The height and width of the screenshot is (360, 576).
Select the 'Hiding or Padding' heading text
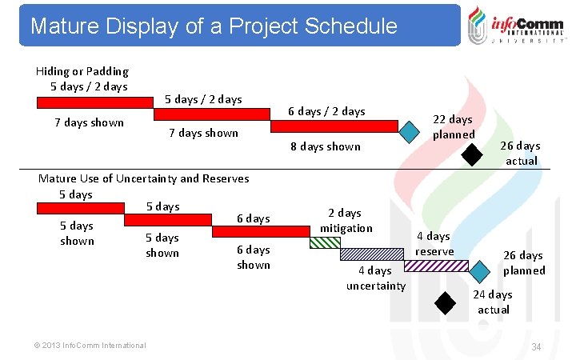(82, 71)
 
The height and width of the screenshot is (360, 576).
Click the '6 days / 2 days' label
(326, 111)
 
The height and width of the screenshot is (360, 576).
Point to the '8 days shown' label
(326, 146)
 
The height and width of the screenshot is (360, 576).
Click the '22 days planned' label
(454, 126)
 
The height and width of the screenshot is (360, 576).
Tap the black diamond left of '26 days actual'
(474, 153)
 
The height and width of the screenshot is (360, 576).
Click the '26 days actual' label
(520, 153)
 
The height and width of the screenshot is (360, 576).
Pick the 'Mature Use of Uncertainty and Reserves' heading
(143, 178)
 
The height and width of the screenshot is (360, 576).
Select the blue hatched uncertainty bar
(371, 254)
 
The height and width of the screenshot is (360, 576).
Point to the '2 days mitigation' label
(346, 220)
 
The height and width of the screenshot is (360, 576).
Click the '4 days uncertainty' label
(375, 278)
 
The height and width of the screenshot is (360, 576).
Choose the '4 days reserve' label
(435, 243)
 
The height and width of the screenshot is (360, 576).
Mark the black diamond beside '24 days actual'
(444, 302)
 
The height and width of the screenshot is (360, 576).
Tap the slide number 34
(536, 346)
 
